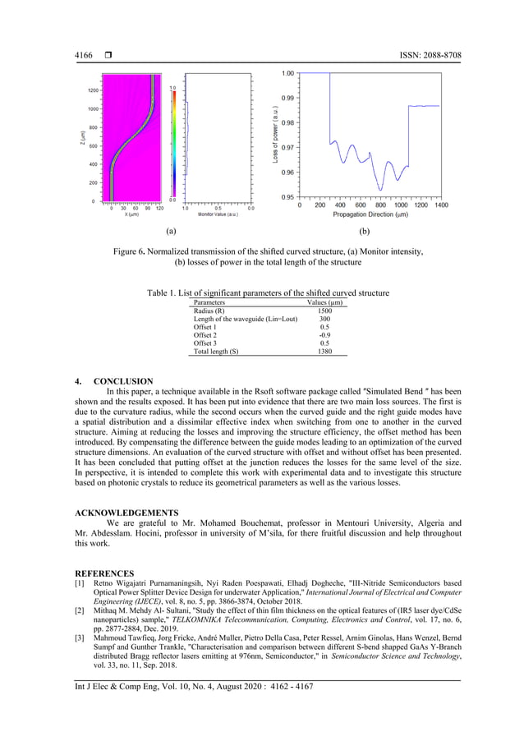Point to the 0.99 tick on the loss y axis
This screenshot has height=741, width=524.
287,98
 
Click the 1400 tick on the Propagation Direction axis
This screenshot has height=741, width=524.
440,205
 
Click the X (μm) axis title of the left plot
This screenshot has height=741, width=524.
131,214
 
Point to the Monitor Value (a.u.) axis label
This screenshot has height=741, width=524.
218,214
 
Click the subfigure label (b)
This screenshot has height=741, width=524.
365,232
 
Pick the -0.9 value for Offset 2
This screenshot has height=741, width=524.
324,335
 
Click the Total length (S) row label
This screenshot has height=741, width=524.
216,351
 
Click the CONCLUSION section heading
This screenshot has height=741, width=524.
123,381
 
